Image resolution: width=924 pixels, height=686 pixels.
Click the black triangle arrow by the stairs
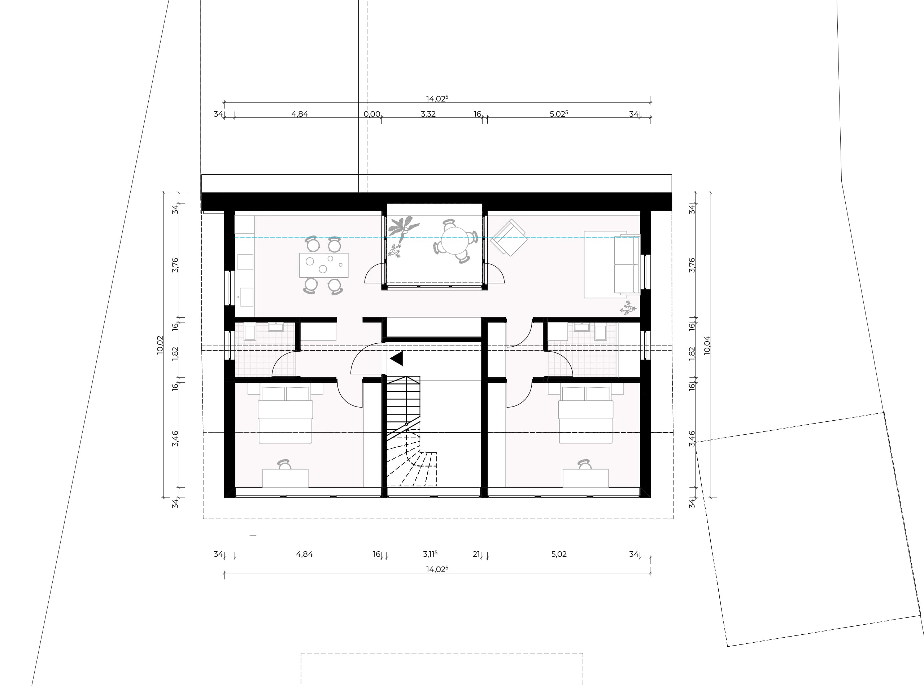(397, 359)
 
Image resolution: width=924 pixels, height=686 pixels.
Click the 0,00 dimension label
(371, 114)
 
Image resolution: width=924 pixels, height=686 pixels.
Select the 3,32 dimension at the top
(428, 114)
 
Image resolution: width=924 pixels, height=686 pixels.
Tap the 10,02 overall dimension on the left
(160, 345)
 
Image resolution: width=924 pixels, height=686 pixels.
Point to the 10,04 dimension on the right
(707, 345)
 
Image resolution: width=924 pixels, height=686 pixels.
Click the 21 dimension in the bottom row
(476, 554)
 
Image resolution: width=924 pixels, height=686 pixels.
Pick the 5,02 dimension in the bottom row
(559, 554)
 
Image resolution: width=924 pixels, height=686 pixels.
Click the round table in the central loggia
(454, 240)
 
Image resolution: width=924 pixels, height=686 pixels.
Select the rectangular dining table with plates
(324, 265)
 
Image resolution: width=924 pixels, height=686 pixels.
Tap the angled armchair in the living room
(509, 238)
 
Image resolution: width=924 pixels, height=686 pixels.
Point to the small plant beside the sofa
(628, 308)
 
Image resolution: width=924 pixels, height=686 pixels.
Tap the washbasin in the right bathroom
(581, 327)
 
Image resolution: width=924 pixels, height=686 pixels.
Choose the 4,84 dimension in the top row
(299, 114)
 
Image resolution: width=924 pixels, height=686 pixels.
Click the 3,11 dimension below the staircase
(430, 554)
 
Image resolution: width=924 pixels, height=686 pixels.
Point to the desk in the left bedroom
(285, 478)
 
